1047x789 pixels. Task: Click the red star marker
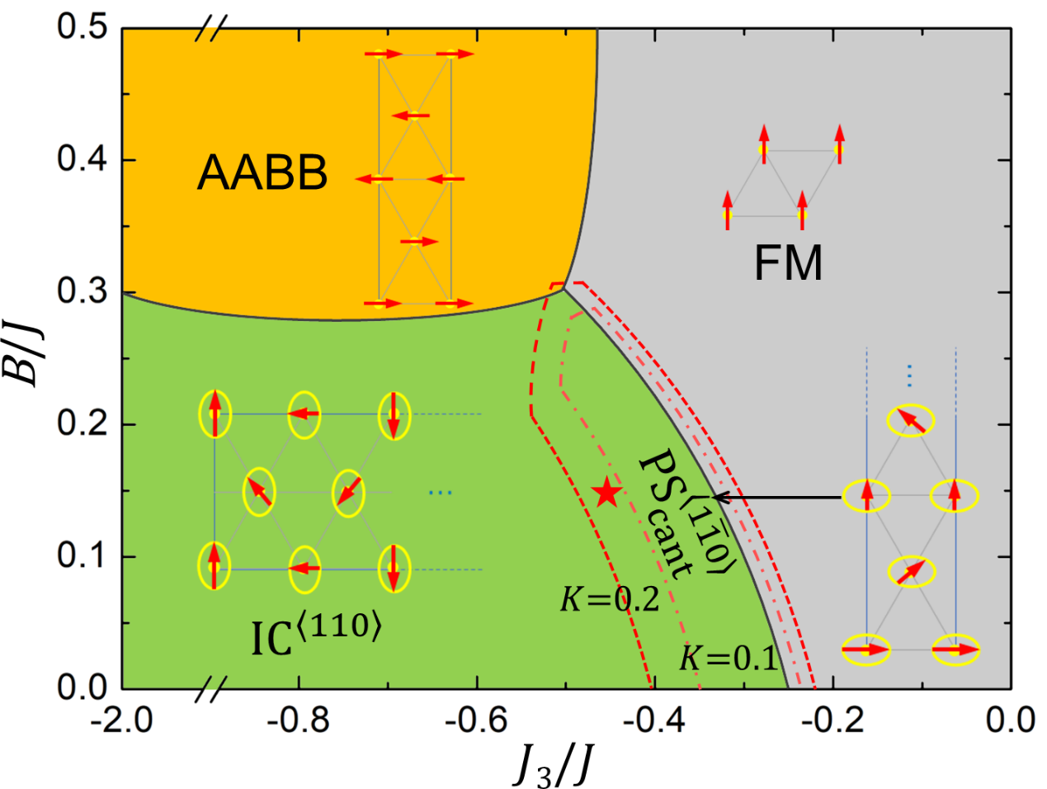(x=607, y=493)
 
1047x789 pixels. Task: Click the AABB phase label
(x=262, y=173)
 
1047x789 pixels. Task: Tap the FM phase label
(x=788, y=264)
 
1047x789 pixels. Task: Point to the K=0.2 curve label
(x=610, y=599)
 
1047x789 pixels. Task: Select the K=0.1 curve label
(x=729, y=659)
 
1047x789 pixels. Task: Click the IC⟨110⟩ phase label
(x=317, y=635)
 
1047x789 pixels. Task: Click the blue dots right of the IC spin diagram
(x=441, y=493)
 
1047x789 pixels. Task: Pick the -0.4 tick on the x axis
(x=655, y=720)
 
